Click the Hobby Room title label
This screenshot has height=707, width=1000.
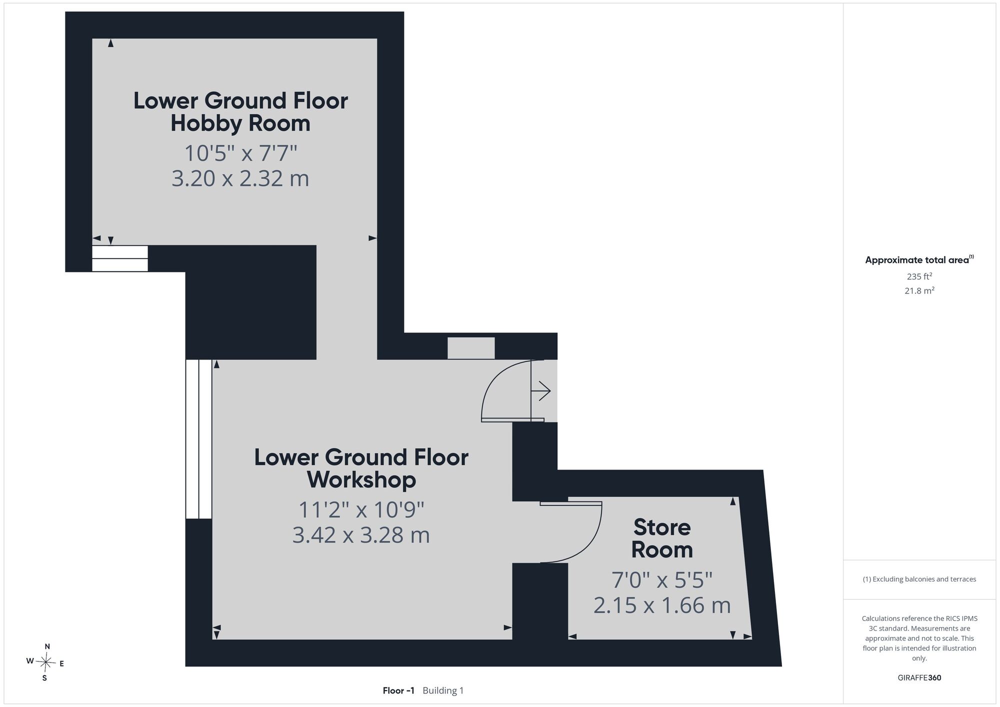coord(240,112)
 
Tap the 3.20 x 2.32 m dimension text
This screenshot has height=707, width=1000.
coord(240,178)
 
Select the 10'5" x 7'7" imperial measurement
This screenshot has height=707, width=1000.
coord(241,153)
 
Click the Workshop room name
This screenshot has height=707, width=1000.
coord(361,468)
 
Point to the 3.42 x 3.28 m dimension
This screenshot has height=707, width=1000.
coord(361,535)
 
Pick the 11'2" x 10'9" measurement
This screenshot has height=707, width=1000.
coord(361,510)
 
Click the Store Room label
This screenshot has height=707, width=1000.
coord(662,538)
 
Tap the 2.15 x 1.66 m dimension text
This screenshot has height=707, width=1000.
coord(662,605)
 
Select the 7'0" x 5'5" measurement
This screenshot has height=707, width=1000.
coord(662,580)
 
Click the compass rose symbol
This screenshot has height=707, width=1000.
coord(45,662)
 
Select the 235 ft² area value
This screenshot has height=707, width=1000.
coord(919,276)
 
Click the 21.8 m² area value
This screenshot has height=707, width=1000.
coord(919,290)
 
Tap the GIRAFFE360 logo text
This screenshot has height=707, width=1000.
coord(919,678)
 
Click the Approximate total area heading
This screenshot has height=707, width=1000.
coord(919,259)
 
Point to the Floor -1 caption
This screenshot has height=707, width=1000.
coord(398,690)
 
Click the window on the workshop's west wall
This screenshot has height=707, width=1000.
coord(199,439)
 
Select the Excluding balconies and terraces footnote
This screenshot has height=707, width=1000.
coord(919,579)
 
